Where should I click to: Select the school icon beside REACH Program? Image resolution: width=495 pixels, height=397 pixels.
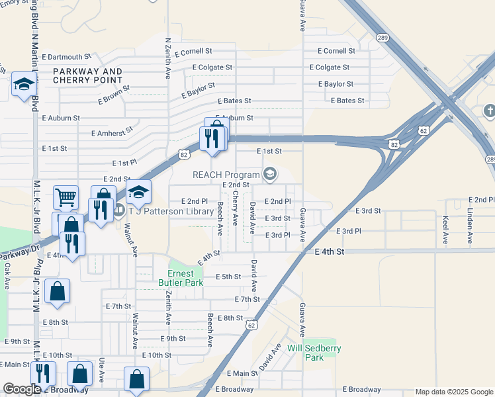point(269,174)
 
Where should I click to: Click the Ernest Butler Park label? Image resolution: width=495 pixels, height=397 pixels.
point(181,278)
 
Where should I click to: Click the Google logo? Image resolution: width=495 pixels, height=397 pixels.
point(22,389)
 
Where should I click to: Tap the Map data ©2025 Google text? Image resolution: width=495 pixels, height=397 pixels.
point(453,392)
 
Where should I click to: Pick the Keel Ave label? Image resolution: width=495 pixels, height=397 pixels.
point(446,226)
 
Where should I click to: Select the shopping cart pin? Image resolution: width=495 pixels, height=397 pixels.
point(66,197)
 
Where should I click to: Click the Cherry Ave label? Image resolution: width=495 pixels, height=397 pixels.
point(235,208)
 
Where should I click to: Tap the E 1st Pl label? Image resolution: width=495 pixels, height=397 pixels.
point(124,162)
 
